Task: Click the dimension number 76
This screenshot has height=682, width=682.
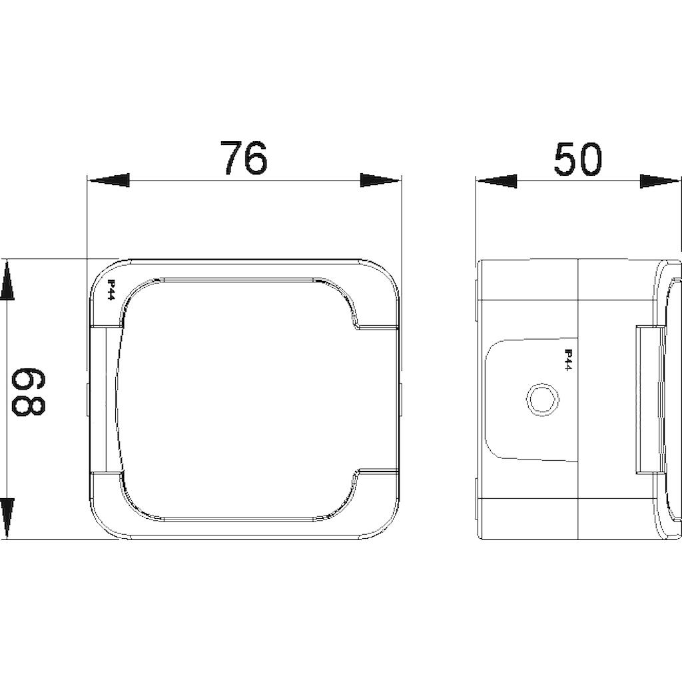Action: (x=243, y=157)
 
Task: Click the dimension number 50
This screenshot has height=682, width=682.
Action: (x=579, y=159)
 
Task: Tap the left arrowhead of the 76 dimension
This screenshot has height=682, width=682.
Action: (x=109, y=180)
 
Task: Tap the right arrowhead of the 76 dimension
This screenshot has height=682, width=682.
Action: (x=379, y=180)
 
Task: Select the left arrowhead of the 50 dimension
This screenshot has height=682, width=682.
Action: (x=497, y=181)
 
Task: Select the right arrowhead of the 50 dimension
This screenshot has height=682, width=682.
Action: (x=660, y=181)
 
